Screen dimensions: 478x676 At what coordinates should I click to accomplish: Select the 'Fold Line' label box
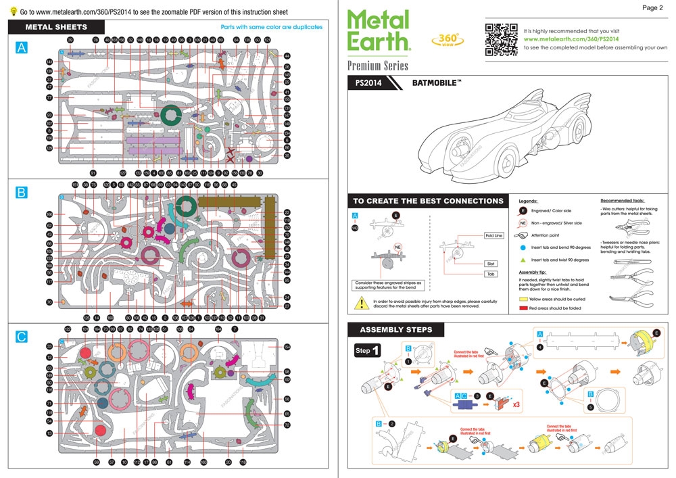point(494,236)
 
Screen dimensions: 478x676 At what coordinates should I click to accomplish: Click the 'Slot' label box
point(491,263)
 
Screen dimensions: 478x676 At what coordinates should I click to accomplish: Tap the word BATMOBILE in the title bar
point(436,85)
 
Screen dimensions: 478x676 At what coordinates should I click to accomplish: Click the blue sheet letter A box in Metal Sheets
point(22,48)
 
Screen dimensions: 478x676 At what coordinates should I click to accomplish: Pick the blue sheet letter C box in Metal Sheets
point(22,337)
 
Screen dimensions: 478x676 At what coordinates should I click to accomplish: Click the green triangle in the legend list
point(523,260)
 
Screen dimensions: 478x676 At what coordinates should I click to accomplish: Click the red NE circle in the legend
point(523,222)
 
